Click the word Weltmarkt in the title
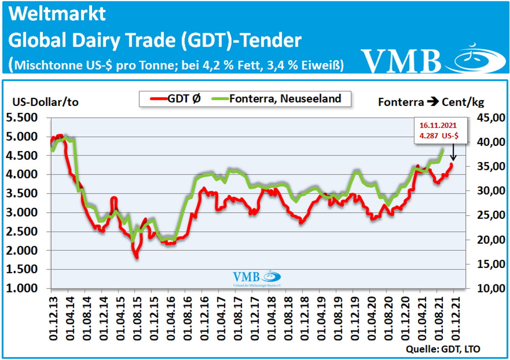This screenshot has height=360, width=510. point(58,14)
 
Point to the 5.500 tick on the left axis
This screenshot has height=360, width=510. point(24,118)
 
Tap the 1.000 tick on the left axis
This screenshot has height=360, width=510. point(24,288)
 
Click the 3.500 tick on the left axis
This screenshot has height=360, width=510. point(24,193)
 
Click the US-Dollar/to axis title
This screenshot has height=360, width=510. point(42,102)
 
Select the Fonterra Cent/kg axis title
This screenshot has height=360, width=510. point(431,102)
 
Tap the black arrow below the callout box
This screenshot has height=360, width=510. point(454,152)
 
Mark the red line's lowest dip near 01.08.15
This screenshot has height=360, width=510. point(136,257)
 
